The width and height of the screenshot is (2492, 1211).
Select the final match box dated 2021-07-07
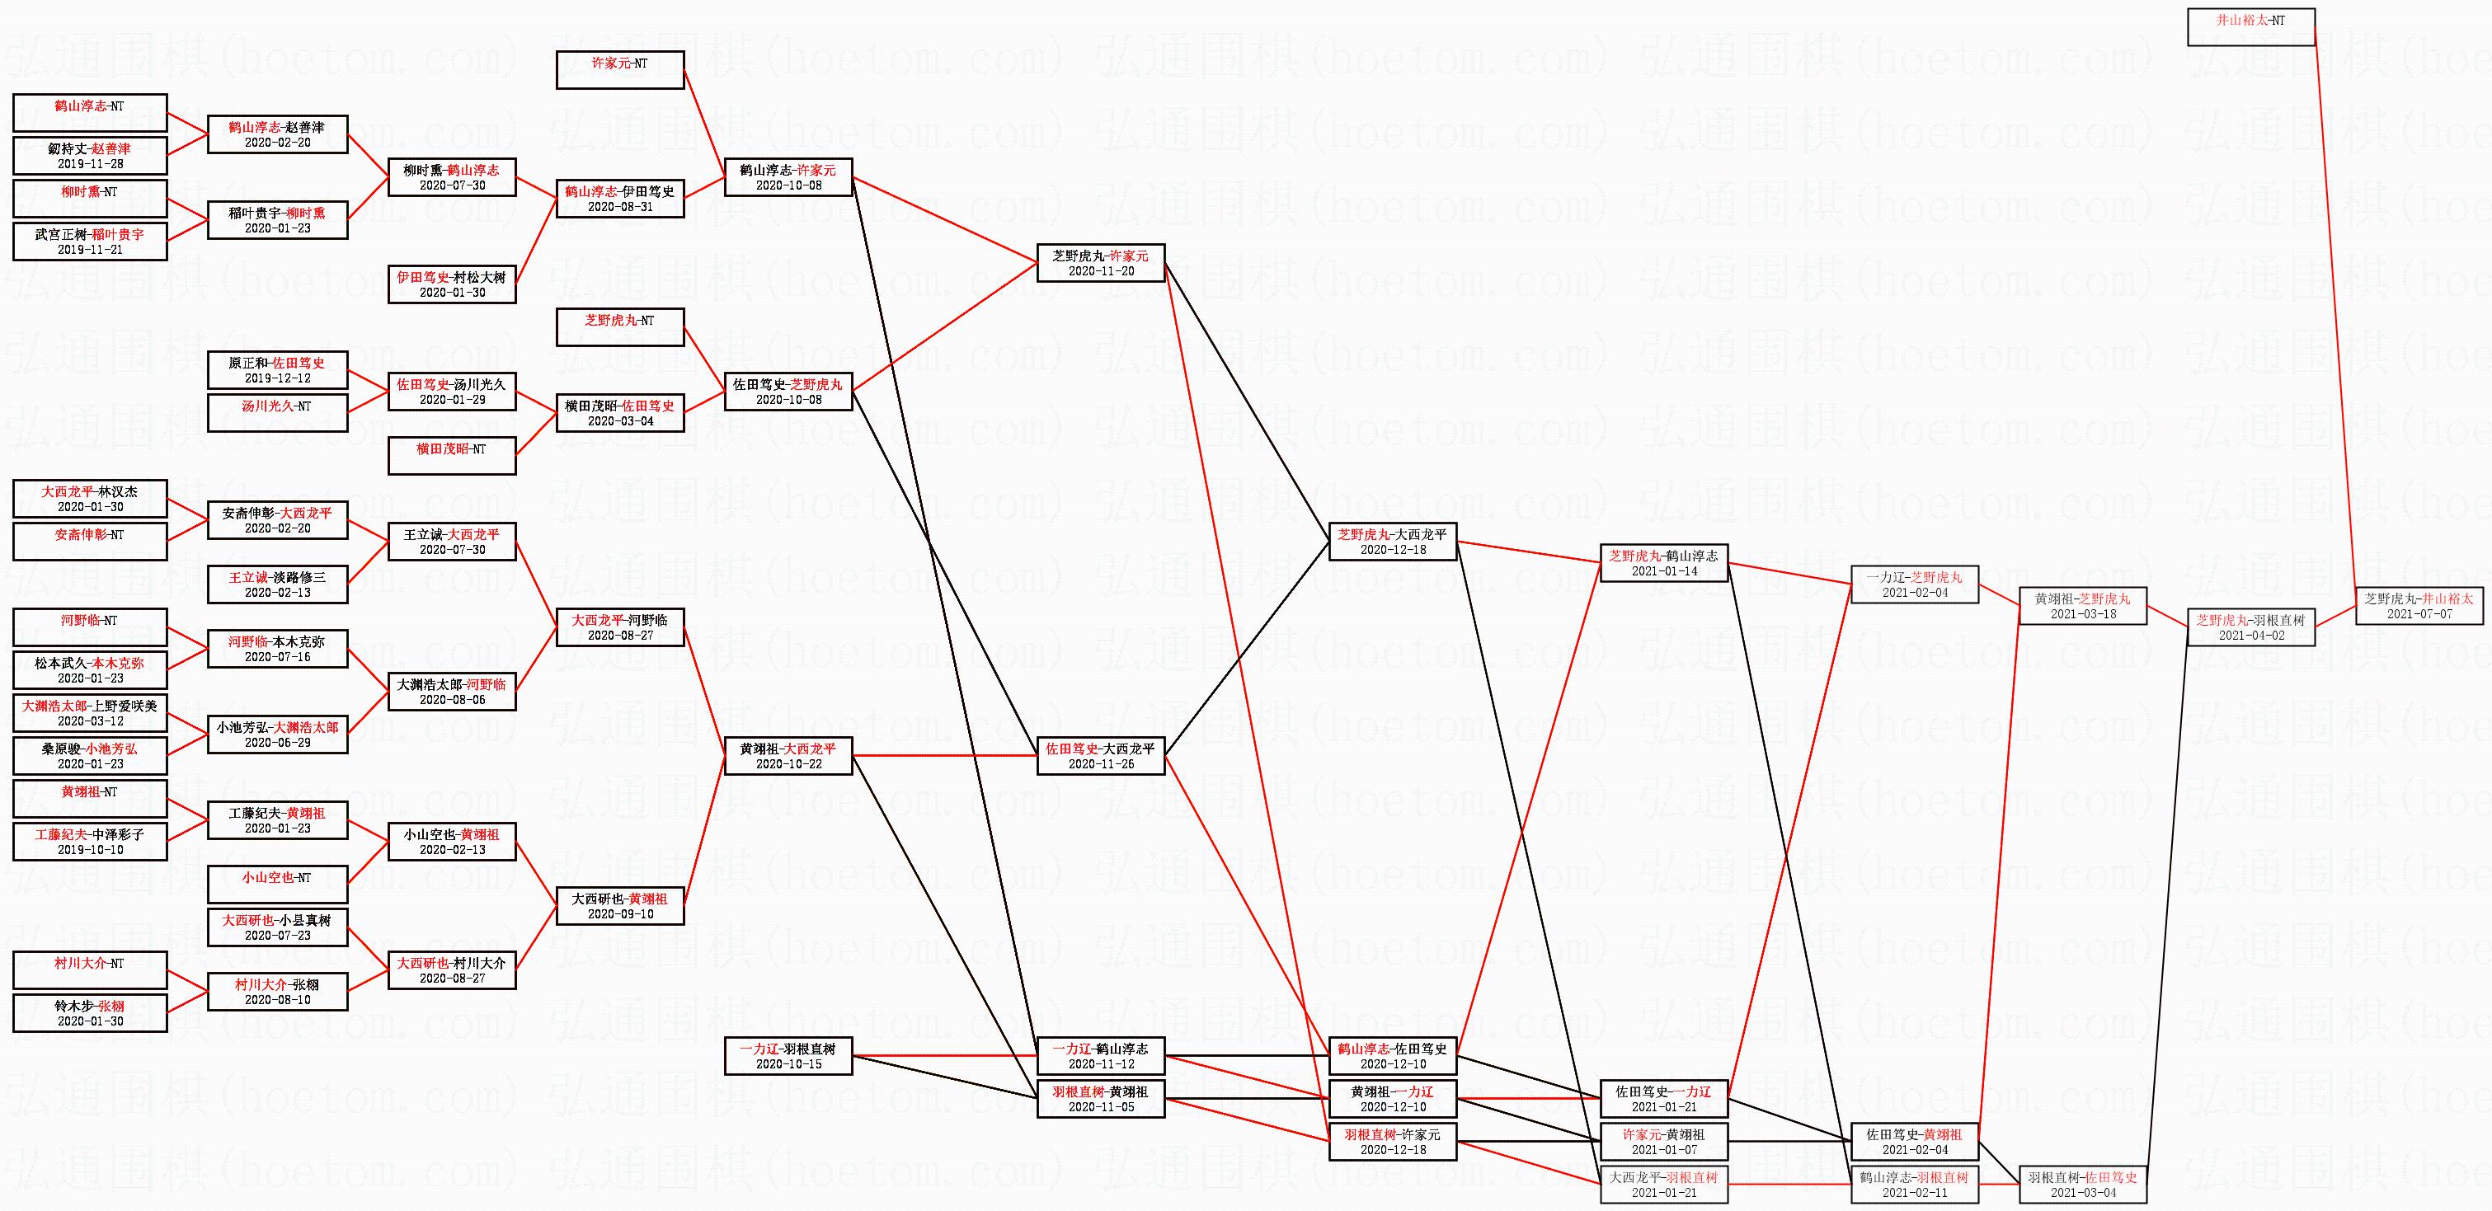(x=2419, y=605)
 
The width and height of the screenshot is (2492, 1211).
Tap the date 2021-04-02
(x=2251, y=636)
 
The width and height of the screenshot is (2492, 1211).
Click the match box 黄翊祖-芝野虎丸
(x=2083, y=605)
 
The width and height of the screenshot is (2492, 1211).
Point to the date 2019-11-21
(x=90, y=250)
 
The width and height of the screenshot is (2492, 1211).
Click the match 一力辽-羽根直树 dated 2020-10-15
(x=788, y=1055)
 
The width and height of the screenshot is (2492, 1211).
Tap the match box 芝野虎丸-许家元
(x=1100, y=263)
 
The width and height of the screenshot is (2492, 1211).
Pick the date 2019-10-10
(x=90, y=850)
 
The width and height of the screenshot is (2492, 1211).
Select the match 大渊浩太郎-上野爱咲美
(x=90, y=713)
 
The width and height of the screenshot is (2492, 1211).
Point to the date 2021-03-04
(x=2083, y=1193)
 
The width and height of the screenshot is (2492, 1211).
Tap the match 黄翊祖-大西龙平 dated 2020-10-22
(x=788, y=755)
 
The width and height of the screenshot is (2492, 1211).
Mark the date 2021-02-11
(x=1915, y=1193)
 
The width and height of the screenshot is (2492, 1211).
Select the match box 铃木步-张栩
(x=90, y=1012)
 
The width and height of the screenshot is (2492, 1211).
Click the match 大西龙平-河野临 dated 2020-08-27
(x=620, y=627)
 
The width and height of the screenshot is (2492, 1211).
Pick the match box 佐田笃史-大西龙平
(x=1100, y=755)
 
